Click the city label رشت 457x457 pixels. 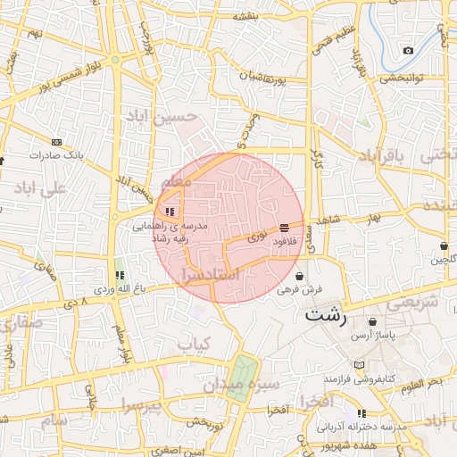pyautogui.click(x=325, y=314)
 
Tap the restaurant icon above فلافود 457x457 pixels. pyautogui.click(x=284, y=228)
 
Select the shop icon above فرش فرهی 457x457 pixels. pyautogui.click(x=298, y=276)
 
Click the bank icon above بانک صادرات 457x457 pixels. pyautogui.click(x=56, y=142)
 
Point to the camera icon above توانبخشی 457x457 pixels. pyautogui.click(x=408, y=50)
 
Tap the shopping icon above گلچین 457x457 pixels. pyautogui.click(x=444, y=245)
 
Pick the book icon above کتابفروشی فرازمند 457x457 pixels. pyautogui.click(x=359, y=366)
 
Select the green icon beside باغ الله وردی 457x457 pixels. pyautogui.click(x=119, y=275)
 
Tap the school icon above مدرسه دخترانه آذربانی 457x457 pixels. pyautogui.click(x=361, y=413)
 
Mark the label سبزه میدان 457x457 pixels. pyautogui.click(x=241, y=385)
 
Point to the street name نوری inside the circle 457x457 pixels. pyautogui.click(x=256, y=238)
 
